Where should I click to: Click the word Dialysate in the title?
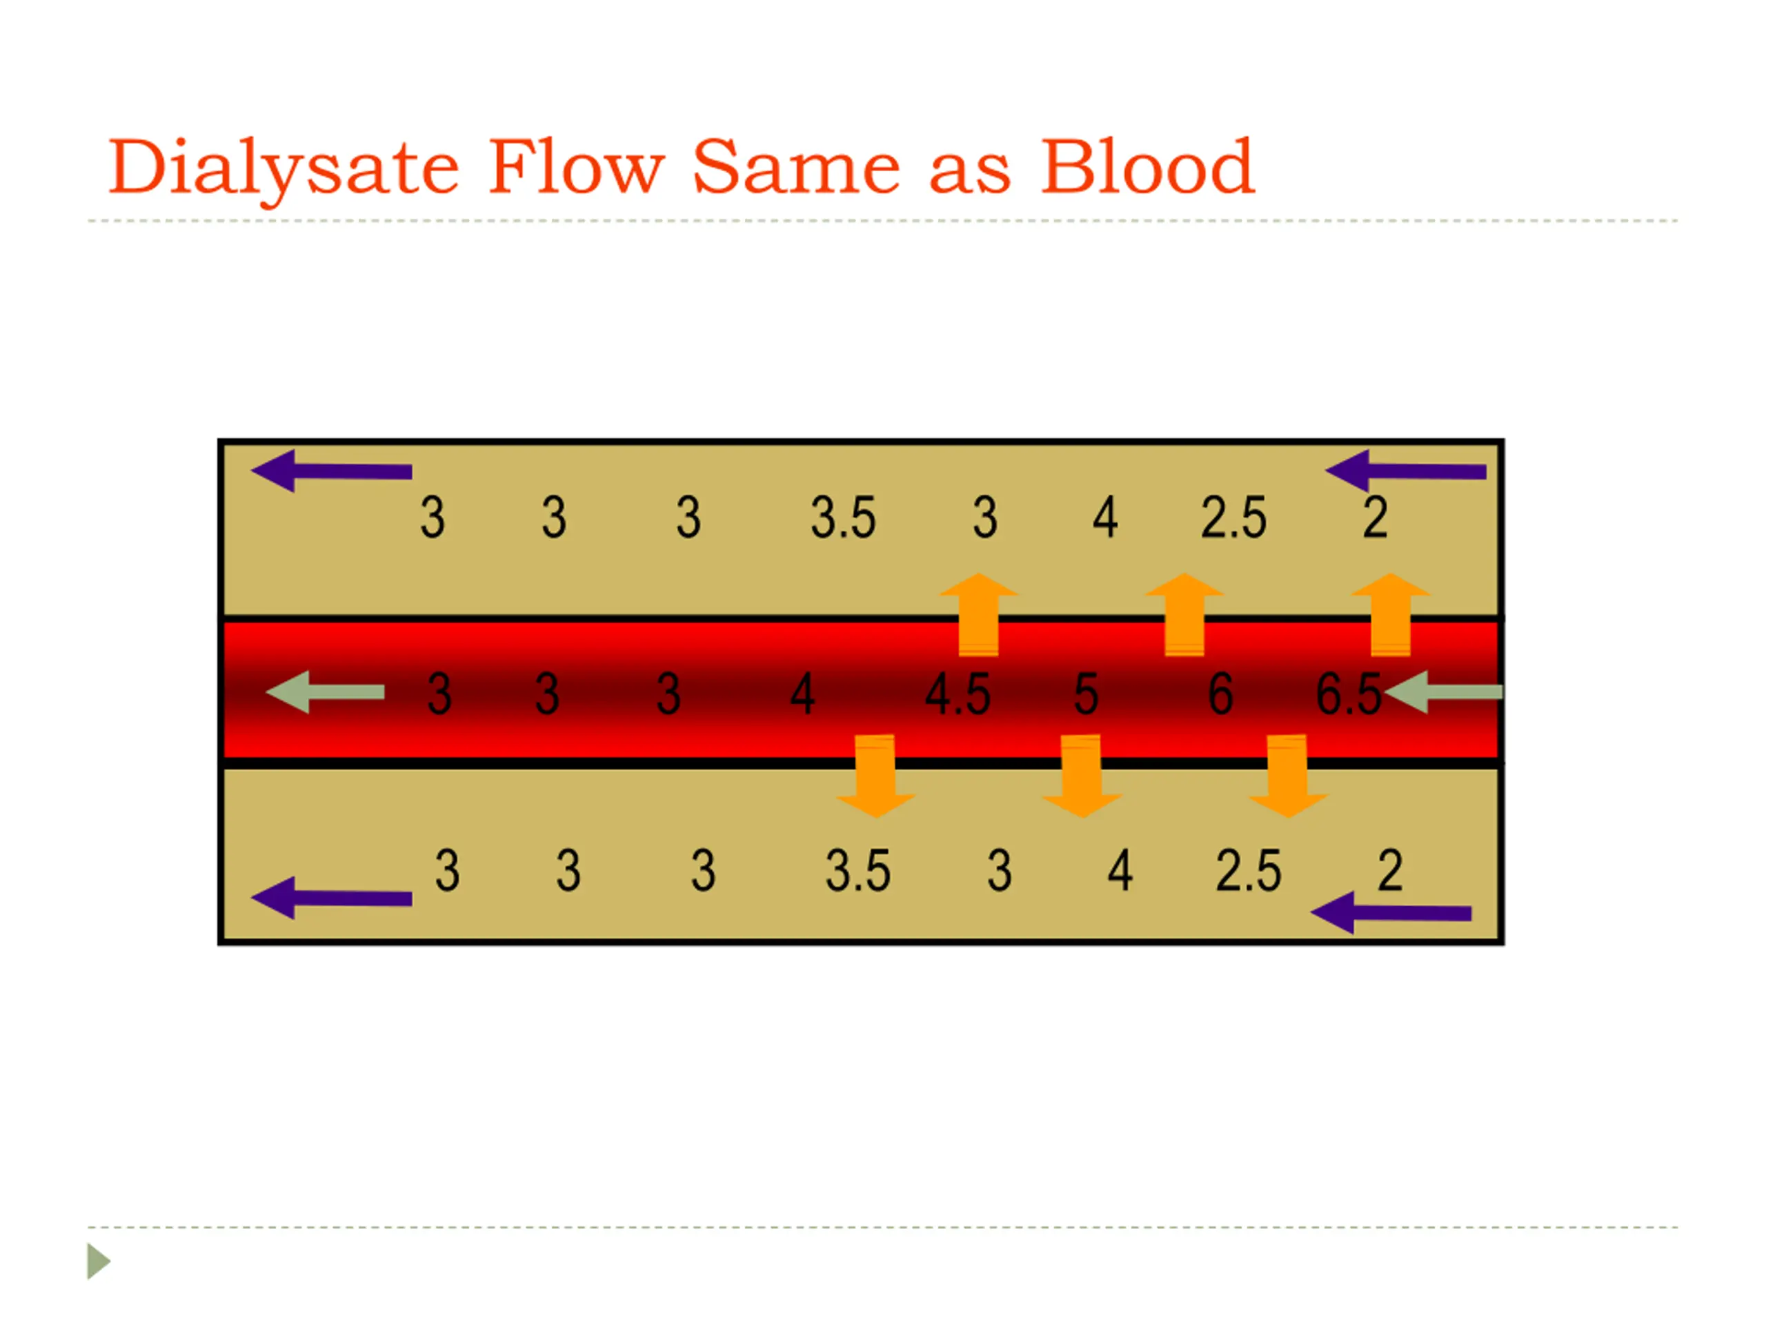pos(284,168)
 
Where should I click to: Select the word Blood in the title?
pos(1147,168)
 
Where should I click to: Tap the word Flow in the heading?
pos(575,168)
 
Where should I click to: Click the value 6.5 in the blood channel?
pos(1348,694)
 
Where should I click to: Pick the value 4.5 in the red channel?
pos(958,694)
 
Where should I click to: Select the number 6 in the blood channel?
pos(1220,694)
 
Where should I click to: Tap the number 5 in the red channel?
pos(1086,694)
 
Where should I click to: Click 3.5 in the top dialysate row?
pos(843,518)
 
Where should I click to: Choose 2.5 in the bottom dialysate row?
pos(1248,870)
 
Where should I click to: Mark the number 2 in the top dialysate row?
pos(1375,518)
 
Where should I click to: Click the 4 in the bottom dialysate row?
pos(1120,870)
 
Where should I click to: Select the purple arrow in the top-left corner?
pos(331,471)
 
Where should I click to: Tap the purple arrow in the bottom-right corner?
pos(1391,913)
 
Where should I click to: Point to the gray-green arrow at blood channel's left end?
pos(325,691)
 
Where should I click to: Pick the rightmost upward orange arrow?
pos(1390,615)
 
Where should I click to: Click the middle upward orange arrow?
pos(1184,615)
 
